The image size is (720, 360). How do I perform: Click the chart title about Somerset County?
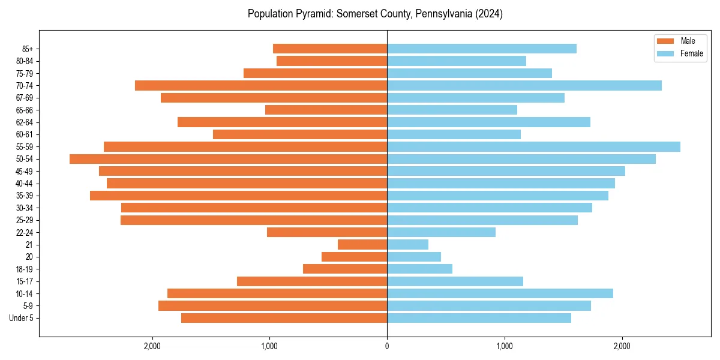coord(375,14)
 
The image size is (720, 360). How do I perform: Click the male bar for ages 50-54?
coord(228,159)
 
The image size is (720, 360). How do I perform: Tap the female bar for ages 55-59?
coord(533,147)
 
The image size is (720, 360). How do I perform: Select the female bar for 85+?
coord(482,49)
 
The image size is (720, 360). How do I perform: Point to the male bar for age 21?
coord(362,245)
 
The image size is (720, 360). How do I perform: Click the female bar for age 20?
coord(414,257)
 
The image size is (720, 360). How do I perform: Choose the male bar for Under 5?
coord(284,318)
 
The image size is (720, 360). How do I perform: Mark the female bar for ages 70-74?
coord(524,86)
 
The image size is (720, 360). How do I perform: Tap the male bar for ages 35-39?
coord(238,196)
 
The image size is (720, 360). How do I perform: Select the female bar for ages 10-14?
coord(500,293)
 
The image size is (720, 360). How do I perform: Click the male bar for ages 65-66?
coord(326,110)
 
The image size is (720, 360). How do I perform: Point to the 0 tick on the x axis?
coord(387,346)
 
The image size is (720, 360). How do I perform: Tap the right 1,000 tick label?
coord(505,346)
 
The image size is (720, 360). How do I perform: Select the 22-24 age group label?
coord(25,233)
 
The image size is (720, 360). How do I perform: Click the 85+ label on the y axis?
coord(28,49)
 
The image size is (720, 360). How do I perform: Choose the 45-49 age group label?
coord(25,172)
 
